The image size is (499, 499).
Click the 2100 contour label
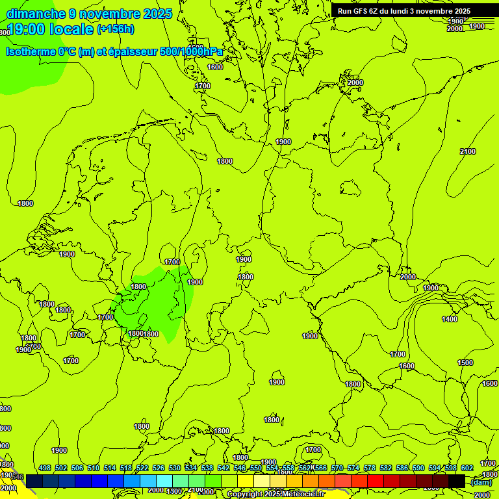[468, 151]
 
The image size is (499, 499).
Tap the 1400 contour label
[450, 319]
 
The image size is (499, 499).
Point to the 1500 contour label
[465, 363]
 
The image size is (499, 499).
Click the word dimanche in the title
[36, 14]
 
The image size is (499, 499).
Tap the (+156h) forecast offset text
[116, 29]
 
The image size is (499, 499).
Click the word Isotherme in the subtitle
[31, 51]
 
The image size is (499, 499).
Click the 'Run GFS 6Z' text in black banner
[363, 11]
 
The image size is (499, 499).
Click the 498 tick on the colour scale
[45, 468]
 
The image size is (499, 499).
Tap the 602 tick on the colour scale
[467, 468]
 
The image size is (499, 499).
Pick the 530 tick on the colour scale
[175, 468]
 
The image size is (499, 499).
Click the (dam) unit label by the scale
[481, 481]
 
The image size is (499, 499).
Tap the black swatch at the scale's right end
[457, 481]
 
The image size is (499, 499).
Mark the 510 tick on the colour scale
[94, 468]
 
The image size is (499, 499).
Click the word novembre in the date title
[106, 14]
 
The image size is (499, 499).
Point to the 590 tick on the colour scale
[418, 468]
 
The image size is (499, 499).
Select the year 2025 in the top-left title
[158, 14]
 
